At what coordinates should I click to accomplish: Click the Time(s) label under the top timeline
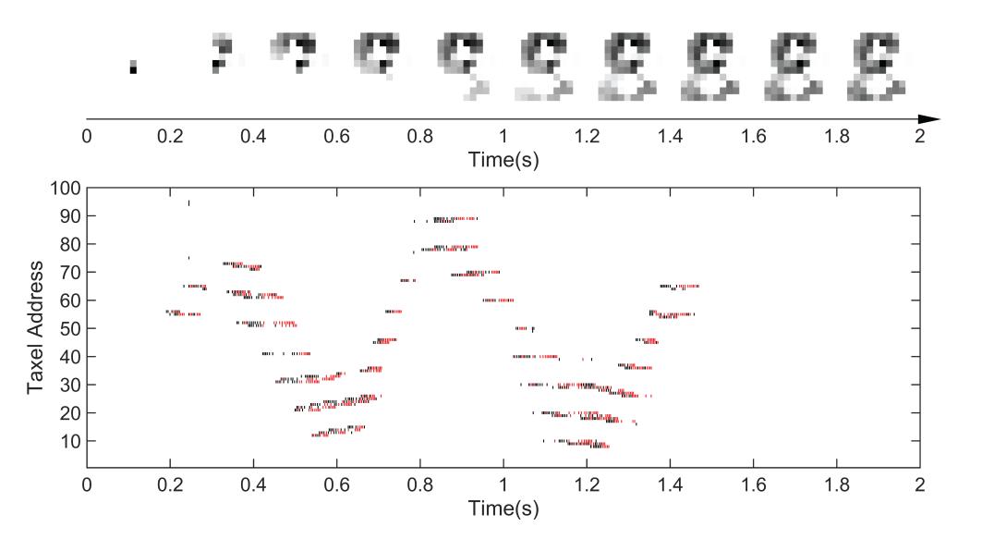503,160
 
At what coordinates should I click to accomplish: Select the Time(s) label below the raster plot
503,508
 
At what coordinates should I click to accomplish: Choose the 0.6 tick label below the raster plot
337,486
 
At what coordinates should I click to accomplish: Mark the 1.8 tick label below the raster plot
837,486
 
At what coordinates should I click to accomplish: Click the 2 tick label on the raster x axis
920,486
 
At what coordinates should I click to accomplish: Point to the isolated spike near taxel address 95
188,202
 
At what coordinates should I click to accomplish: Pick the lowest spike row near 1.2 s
591,446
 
